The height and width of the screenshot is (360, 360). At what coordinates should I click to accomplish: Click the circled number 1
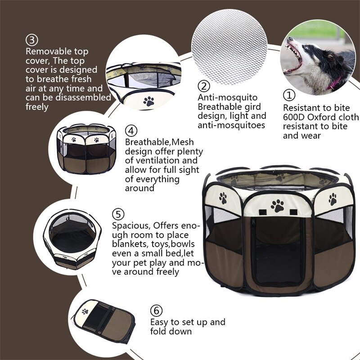point(288,95)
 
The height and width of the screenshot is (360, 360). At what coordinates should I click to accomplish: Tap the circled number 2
point(204,86)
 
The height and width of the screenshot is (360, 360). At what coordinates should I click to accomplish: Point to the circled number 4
point(131,130)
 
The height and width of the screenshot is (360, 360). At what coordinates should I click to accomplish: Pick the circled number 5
point(118,214)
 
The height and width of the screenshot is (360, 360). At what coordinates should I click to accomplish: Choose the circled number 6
point(156,310)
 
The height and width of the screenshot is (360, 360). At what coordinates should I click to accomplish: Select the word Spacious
point(131,225)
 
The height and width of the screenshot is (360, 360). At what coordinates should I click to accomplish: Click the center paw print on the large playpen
point(278,206)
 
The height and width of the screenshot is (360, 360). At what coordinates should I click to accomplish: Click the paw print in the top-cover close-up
point(148,101)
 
